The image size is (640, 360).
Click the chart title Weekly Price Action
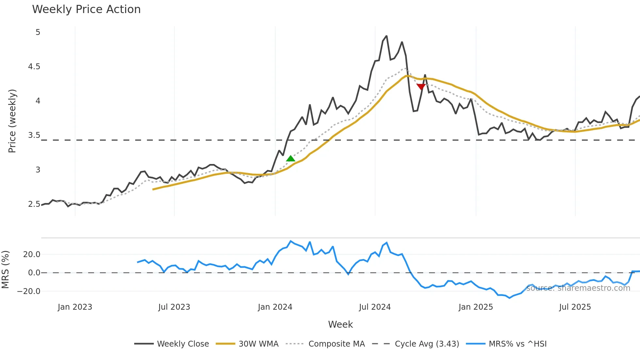pos(86,9)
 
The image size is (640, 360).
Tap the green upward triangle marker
pos(291,159)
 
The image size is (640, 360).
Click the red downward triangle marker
pos(421,87)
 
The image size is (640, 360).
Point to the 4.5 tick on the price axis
pos(34,67)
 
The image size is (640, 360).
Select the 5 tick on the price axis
pos(38,32)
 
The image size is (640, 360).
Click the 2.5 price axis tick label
pos(34,204)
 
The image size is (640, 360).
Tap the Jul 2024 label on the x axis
pos(375,307)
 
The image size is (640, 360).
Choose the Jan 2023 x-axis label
pos(75,307)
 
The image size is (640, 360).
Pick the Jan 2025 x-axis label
pos(475,307)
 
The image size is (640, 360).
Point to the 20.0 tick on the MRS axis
pos(32,254)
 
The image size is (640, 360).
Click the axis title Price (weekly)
pos(12,121)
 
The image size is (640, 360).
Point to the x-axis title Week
pos(340,324)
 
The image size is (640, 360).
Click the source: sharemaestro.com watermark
pos(578,288)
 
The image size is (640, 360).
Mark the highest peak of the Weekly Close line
pos(387,36)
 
